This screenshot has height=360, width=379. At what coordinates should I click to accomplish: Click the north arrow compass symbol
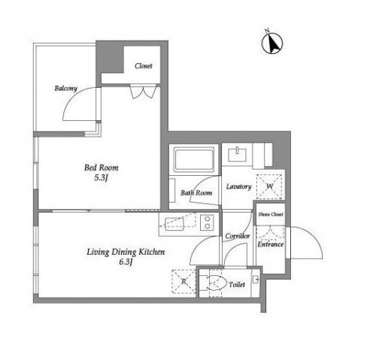tap(272, 43)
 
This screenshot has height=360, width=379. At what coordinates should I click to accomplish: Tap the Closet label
tap(144, 66)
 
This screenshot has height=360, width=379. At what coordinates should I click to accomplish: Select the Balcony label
tap(66, 88)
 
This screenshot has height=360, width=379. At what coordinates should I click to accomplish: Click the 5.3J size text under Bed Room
tap(101, 178)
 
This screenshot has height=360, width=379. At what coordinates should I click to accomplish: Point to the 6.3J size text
tap(126, 262)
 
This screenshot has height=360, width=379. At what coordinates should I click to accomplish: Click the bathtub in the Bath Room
tap(193, 160)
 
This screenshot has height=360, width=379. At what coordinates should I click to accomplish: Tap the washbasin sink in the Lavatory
tap(237, 154)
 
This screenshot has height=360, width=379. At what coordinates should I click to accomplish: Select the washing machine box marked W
tap(269, 186)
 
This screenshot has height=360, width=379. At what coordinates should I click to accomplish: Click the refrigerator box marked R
tap(183, 281)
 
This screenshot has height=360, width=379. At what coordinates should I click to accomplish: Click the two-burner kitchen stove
tap(207, 222)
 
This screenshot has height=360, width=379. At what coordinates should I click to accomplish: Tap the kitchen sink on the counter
tap(174, 223)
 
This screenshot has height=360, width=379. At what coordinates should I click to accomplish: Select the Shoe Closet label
tap(271, 214)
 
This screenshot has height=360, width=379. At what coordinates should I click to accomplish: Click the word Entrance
tap(271, 244)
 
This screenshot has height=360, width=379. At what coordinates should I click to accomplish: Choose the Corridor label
tap(238, 236)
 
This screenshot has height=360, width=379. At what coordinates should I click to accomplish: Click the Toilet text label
tap(237, 285)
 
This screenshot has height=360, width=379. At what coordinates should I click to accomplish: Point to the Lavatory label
tap(238, 187)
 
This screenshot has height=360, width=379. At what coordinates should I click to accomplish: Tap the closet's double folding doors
tap(143, 92)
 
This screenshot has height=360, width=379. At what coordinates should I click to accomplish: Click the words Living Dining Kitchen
tap(126, 252)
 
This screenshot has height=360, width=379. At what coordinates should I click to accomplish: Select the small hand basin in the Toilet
tap(255, 280)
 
